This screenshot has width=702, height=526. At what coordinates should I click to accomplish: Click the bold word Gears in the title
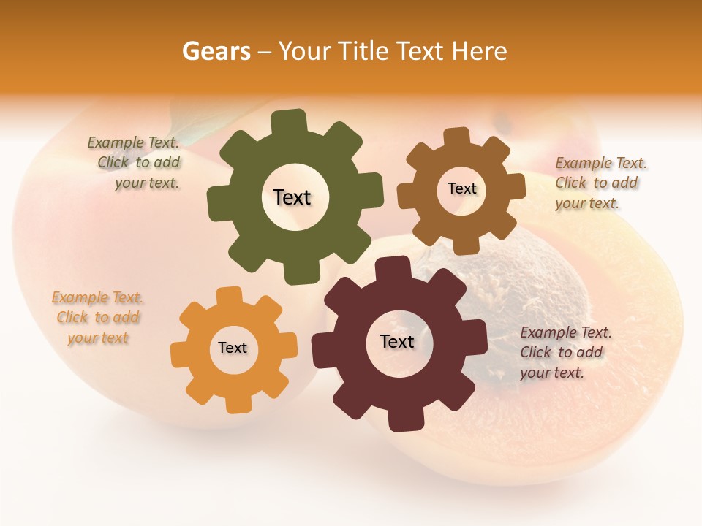pyautogui.click(x=216, y=51)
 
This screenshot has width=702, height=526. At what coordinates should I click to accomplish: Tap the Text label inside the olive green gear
pyautogui.click(x=292, y=197)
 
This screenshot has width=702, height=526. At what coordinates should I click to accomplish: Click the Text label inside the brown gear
pyautogui.click(x=461, y=188)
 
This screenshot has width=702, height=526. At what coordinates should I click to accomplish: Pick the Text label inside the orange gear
pyautogui.click(x=233, y=348)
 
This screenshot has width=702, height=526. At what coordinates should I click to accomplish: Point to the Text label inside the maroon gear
pyautogui.click(x=397, y=341)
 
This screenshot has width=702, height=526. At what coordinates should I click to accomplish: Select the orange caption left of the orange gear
pyautogui.click(x=97, y=317)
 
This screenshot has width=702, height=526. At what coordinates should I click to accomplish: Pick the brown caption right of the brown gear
pyautogui.click(x=600, y=183)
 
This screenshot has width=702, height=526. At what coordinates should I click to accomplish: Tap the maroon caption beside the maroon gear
pyautogui.click(x=565, y=352)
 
